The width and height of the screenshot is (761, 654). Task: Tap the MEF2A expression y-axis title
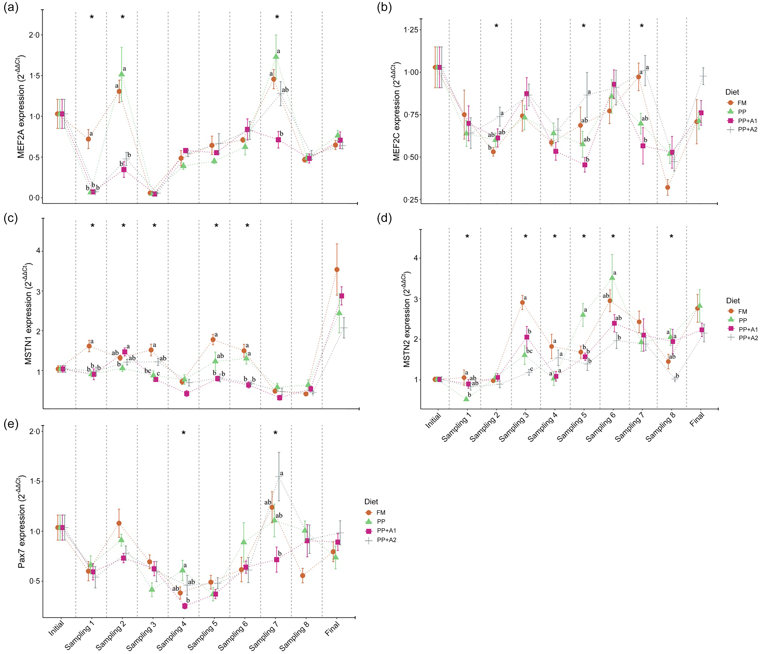click(x=21, y=106)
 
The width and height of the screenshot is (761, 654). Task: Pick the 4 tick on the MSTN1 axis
click(x=38, y=251)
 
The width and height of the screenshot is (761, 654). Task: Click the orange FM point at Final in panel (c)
click(x=337, y=269)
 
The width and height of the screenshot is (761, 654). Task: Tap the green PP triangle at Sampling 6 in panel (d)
click(x=612, y=277)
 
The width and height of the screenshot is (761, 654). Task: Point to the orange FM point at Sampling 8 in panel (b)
click(x=667, y=187)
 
